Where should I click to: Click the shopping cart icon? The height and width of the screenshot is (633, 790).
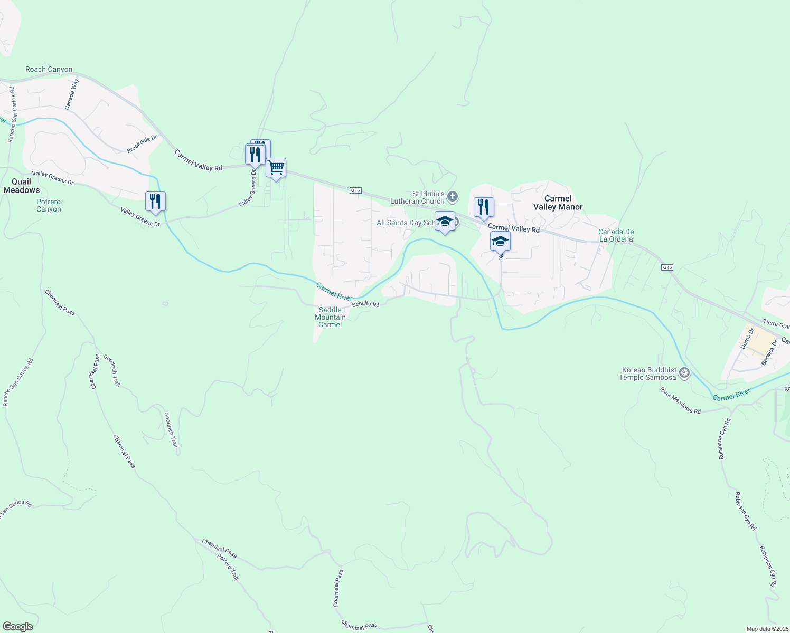pos(276,168)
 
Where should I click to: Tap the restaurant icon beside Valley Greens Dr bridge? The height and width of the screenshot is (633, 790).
pos(155,202)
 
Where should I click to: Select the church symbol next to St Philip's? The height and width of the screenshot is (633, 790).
pos(453,197)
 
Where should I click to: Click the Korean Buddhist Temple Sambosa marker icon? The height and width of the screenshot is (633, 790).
pos(684,373)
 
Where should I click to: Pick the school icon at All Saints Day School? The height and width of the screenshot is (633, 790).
pos(445,221)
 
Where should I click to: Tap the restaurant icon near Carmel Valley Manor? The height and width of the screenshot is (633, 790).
pos(484,207)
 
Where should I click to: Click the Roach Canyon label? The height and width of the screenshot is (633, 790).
pos(49,70)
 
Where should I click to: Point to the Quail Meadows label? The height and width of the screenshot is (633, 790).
pos(22,186)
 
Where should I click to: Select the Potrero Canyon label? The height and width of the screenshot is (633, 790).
pos(49,206)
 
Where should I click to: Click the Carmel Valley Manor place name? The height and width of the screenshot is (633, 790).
pos(558,203)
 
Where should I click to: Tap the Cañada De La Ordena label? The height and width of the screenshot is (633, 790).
pos(616,235)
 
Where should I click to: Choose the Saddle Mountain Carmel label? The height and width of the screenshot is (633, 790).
pos(330,317)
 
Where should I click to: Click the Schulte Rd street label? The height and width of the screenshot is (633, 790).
pos(365,304)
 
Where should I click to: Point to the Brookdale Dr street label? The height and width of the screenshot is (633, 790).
pos(142,145)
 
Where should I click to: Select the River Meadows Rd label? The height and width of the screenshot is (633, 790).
pos(680,400)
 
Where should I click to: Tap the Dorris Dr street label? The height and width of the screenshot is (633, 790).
pos(747,338)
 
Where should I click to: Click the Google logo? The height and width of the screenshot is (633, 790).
pos(17,627)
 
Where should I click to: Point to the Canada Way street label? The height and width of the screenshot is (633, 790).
pos(72,94)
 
